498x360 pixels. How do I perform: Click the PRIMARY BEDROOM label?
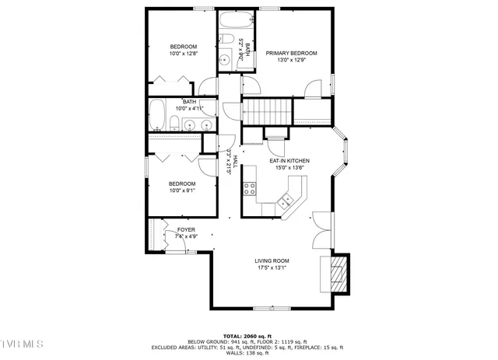click(x=291, y=54)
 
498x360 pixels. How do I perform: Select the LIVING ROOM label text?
click(x=272, y=260)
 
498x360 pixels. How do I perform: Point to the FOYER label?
click(x=186, y=229)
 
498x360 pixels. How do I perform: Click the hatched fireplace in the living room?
click(x=336, y=274)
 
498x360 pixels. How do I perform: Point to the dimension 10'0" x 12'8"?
click(x=184, y=54)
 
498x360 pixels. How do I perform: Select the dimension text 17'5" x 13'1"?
click(x=272, y=268)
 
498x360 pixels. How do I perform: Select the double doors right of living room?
click(x=322, y=230)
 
